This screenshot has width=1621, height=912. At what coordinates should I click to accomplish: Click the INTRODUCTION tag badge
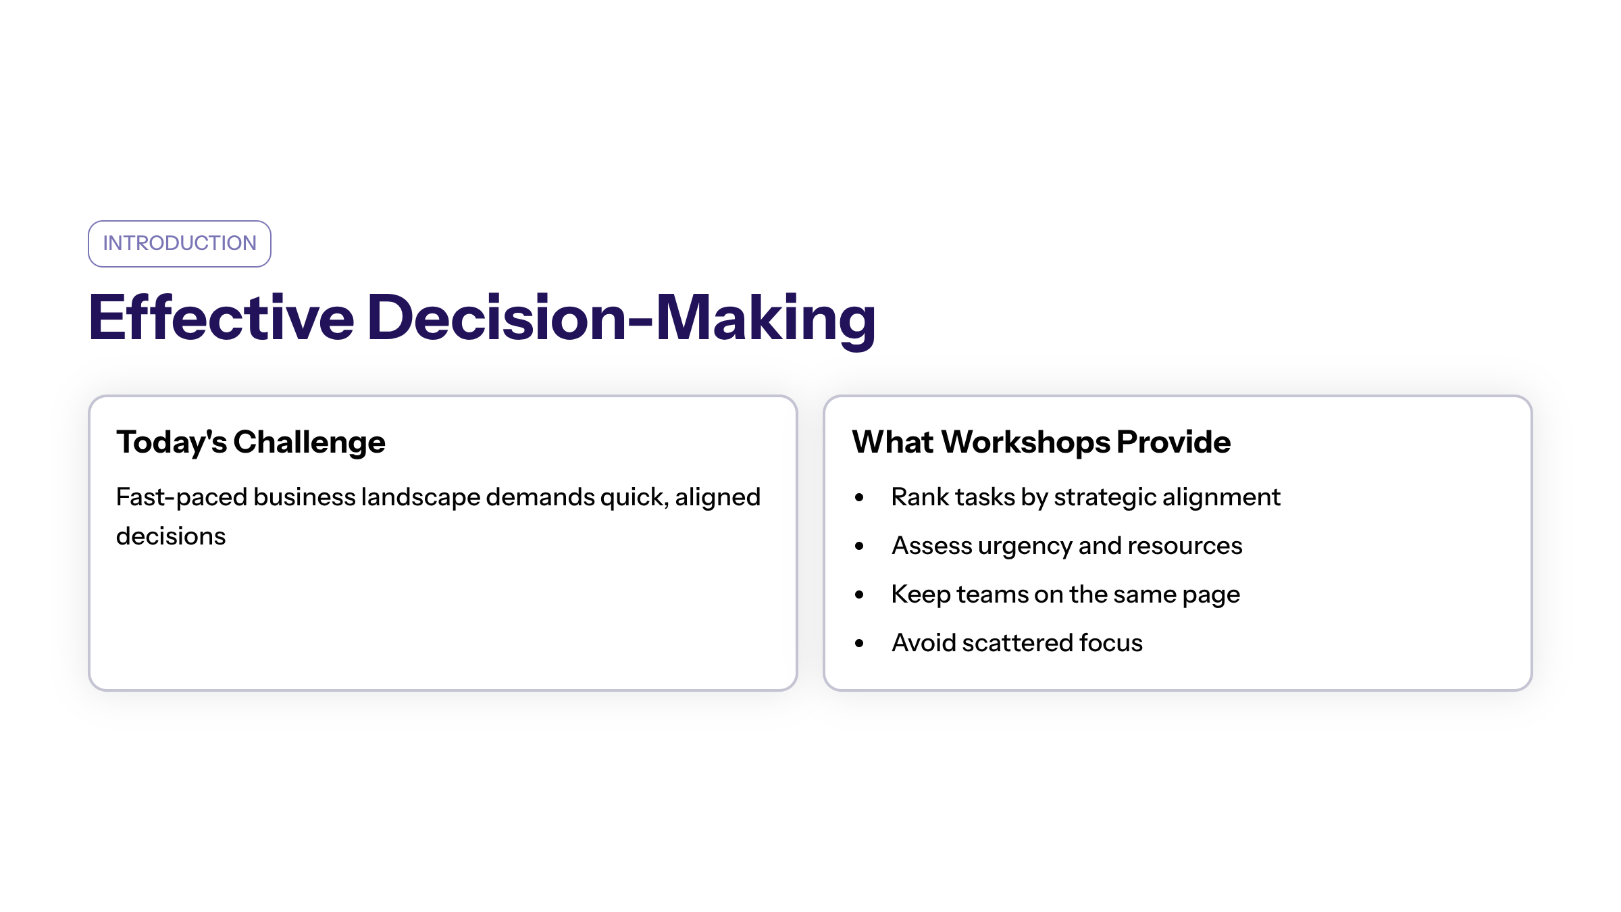[180, 244]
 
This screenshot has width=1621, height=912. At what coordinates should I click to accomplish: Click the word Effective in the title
[222, 317]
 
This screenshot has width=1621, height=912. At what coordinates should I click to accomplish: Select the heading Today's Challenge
[251, 443]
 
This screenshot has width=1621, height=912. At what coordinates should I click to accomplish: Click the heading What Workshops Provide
[1041, 442]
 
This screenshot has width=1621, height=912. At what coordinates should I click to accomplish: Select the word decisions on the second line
[171, 536]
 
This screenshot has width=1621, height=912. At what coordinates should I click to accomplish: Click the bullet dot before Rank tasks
[859, 498]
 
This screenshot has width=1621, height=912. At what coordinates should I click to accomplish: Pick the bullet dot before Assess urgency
[859, 547]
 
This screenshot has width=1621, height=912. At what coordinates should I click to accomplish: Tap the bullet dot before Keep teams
[859, 595]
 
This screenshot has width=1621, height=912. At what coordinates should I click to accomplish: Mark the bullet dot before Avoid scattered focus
[859, 644]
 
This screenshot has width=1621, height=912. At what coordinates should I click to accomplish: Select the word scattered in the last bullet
[1018, 643]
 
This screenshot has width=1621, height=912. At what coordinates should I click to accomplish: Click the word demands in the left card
[540, 497]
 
